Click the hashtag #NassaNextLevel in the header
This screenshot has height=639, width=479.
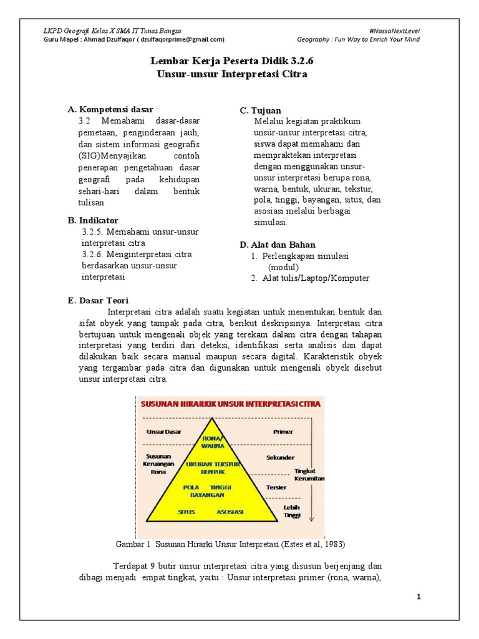point(394,30)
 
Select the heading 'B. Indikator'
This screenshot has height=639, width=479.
point(93,220)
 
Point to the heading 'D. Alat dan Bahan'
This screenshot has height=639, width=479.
point(278,244)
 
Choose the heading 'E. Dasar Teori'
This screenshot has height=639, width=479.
point(98,301)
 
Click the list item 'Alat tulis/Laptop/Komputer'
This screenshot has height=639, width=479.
point(316,278)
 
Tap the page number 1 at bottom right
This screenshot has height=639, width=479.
point(420,597)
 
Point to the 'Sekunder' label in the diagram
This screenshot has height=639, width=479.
point(279,457)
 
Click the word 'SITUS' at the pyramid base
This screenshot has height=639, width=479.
point(186,512)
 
